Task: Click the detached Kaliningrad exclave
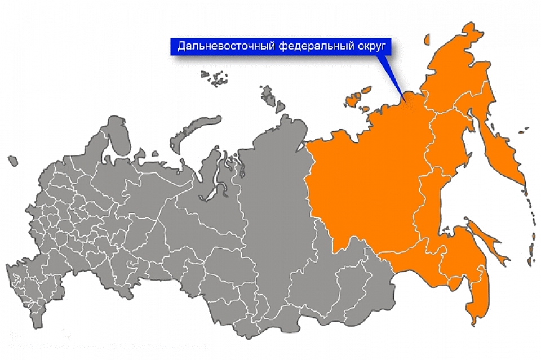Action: pyautogui.click(x=12, y=161)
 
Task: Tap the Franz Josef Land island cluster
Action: pyautogui.click(x=214, y=78)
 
